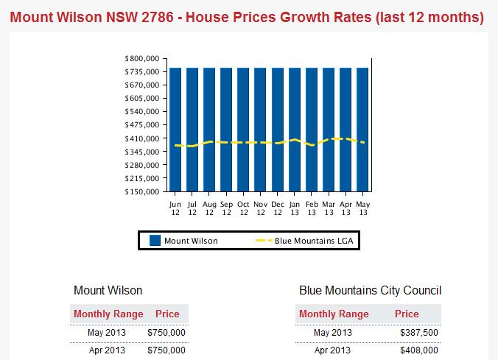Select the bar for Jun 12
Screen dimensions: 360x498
pyautogui.click(x=175, y=130)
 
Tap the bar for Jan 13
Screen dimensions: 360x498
pyautogui.click(x=295, y=130)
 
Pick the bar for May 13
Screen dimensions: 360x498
pyautogui.click(x=362, y=130)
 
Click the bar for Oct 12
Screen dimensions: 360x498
pyautogui.click(x=243, y=130)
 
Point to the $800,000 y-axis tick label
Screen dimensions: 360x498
pyautogui.click(x=143, y=58)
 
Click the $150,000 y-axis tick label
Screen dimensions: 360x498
pyautogui.click(x=143, y=192)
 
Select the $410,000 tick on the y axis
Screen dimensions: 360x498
pyautogui.click(x=143, y=138)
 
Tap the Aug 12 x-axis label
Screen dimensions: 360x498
pyautogui.click(x=209, y=208)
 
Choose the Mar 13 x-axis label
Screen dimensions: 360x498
pyautogui.click(x=329, y=208)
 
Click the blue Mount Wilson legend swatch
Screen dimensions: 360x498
pyautogui.click(x=155, y=240)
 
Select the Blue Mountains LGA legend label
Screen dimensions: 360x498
pyautogui.click(x=315, y=240)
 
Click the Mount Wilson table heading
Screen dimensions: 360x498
pyautogui.click(x=108, y=290)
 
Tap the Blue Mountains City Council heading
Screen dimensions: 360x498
pyautogui.click(x=370, y=290)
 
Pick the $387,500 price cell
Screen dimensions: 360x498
pyautogui.click(x=418, y=333)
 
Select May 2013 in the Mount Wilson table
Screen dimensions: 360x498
pyautogui.click(x=107, y=333)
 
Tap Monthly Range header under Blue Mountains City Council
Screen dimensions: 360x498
pyautogui.click(x=334, y=314)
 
